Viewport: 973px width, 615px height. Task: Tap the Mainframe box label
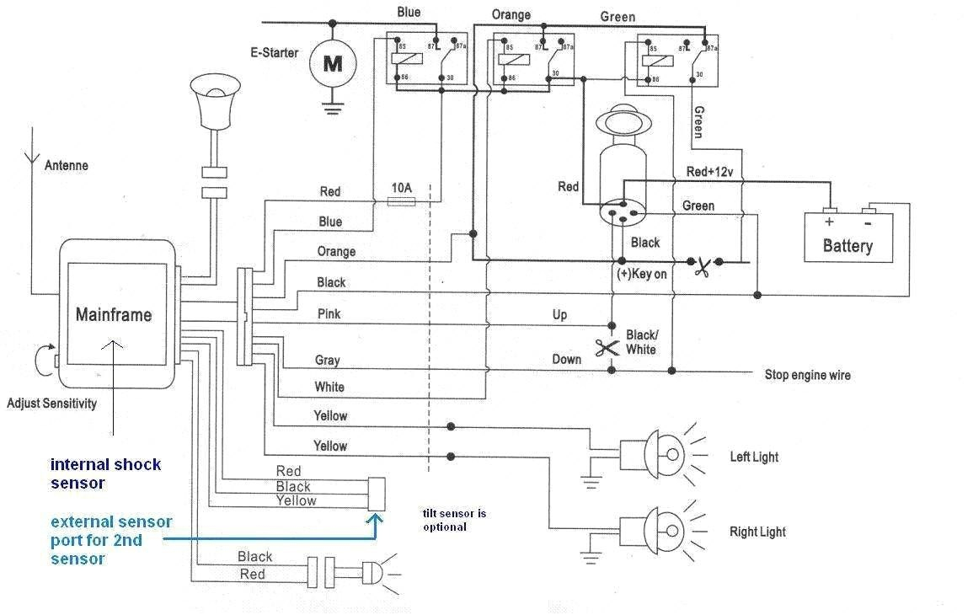[x=114, y=315]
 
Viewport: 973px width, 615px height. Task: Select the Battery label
[x=847, y=246]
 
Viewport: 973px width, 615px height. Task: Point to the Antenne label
[x=66, y=166]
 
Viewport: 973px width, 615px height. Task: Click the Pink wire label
[x=329, y=314]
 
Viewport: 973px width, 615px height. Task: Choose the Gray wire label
[x=327, y=361]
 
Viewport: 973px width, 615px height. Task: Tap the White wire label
[x=329, y=388]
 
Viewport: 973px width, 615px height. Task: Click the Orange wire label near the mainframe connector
[x=336, y=251]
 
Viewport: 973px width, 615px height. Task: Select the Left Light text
[x=754, y=457]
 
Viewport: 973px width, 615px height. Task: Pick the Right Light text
[x=757, y=532]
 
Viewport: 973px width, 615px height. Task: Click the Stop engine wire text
[x=807, y=375]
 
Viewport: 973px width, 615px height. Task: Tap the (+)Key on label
[x=643, y=275]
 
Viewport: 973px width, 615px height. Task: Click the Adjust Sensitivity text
[x=51, y=403]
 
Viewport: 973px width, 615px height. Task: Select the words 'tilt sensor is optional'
[x=454, y=520]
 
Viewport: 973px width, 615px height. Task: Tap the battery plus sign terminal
[x=829, y=222]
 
